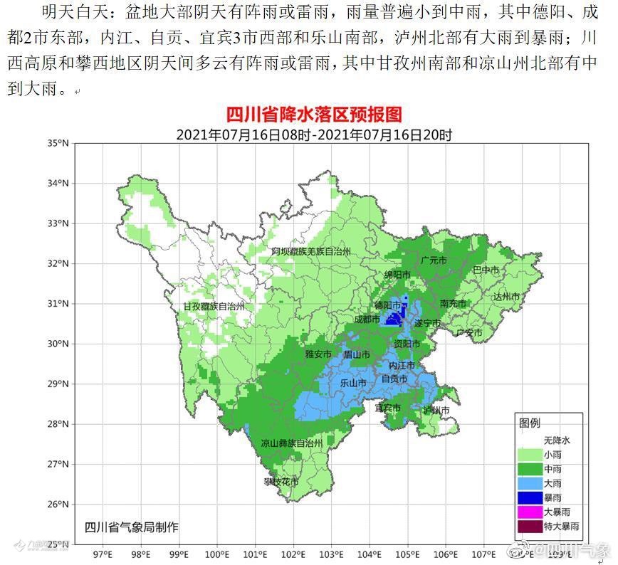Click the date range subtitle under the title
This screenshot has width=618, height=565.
point(314,134)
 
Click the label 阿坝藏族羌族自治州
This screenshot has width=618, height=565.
point(311,252)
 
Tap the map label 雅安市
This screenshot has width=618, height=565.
point(318,354)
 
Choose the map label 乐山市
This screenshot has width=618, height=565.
point(352,382)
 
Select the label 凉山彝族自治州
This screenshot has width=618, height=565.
point(291,443)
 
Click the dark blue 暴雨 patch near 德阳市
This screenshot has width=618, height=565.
point(393,318)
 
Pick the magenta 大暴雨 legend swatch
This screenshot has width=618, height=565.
point(530,512)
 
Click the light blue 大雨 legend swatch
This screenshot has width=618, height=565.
point(530,482)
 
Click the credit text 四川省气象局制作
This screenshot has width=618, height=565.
point(132,527)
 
